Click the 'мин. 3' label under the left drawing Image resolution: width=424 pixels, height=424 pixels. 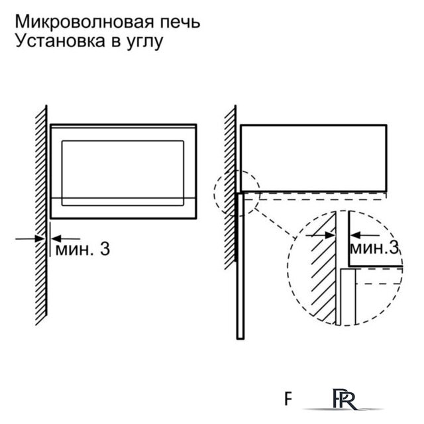pos(82,250)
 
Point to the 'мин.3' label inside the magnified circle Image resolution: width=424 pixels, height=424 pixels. pos(374,248)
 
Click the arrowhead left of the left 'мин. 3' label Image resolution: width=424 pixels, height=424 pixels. pos(54,238)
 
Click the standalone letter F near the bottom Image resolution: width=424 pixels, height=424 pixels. pos(288,399)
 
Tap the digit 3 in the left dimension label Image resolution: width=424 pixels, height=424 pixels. pos(104,250)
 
